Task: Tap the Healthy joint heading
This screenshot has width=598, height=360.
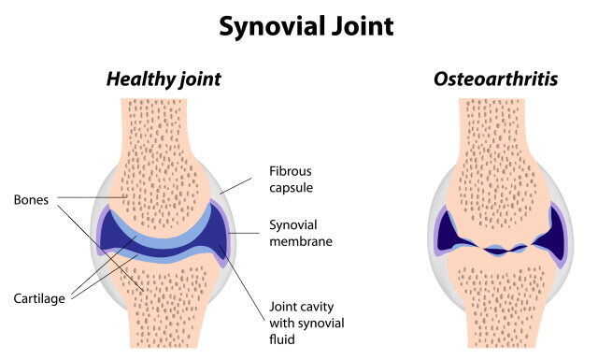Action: pyautogui.click(x=164, y=79)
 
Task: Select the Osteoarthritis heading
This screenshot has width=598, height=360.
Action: pyautogui.click(x=495, y=79)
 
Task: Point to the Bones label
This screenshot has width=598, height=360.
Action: pyautogui.click(x=31, y=200)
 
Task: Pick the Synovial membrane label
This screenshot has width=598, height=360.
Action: pyautogui.click(x=302, y=233)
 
